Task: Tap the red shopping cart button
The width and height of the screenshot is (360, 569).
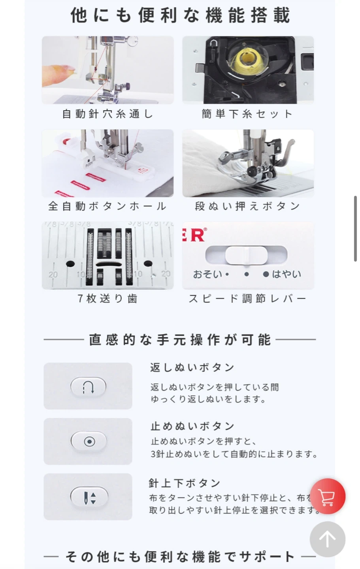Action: [x=328, y=496]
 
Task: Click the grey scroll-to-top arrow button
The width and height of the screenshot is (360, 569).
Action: [x=328, y=539]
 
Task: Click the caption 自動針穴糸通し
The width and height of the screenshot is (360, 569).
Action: [x=108, y=114]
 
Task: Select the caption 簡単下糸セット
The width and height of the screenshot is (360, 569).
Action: [x=247, y=114]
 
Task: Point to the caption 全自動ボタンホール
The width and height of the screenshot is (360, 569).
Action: [x=107, y=206]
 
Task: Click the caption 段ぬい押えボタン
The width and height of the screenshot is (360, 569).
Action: [x=248, y=206]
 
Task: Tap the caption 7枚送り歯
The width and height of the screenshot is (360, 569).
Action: [x=108, y=298]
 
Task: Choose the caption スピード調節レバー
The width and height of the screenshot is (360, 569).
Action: [x=247, y=298]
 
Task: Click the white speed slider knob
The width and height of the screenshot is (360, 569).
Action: [x=246, y=255]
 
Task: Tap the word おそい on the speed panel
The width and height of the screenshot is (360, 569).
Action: [x=207, y=274]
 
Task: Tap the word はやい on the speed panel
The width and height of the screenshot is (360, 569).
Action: [x=286, y=274]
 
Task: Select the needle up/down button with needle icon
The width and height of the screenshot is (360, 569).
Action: [x=89, y=497]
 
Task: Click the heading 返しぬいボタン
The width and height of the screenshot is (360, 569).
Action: [x=192, y=367]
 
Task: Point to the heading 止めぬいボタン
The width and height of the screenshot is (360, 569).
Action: [x=192, y=426]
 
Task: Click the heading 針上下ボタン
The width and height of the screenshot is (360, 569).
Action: [x=184, y=483]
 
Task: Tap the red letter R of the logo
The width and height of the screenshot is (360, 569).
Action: [x=199, y=235]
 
